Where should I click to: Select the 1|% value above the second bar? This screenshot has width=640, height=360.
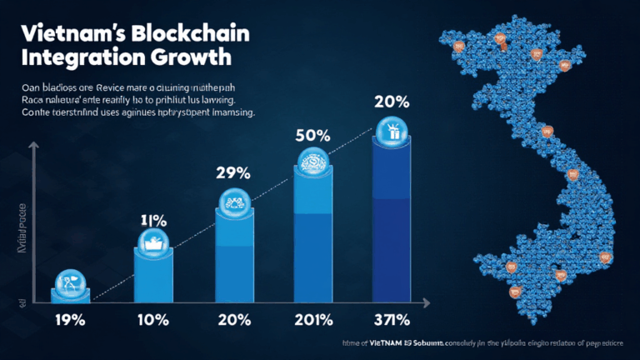(x=153, y=222)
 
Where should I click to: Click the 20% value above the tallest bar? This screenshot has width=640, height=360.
(x=392, y=102)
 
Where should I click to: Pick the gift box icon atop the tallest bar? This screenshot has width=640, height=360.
(x=391, y=131)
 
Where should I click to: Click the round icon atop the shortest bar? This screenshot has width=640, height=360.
(x=70, y=281)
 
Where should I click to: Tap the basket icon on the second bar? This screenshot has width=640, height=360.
(x=152, y=242)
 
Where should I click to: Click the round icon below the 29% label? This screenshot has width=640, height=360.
(x=234, y=202)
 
